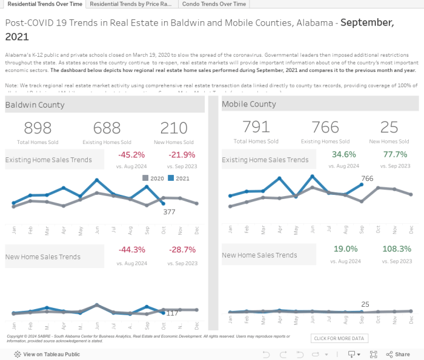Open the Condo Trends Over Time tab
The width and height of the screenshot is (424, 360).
click(x=214, y=4)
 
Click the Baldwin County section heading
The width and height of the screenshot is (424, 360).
click(x=35, y=105)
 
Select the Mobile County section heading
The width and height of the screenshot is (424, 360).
click(x=249, y=104)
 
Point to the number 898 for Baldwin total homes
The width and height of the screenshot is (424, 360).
click(x=38, y=128)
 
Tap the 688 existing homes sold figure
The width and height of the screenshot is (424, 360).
click(x=107, y=128)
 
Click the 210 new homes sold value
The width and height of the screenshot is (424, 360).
click(x=174, y=128)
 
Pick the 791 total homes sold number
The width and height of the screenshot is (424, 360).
click(x=256, y=126)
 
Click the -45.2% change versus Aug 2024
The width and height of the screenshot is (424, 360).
click(x=131, y=155)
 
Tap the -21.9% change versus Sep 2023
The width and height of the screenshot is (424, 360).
click(x=182, y=155)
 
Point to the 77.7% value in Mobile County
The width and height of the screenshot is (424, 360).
click(x=395, y=154)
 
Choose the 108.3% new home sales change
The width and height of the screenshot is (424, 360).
click(x=397, y=249)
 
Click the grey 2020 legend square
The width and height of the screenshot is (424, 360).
click(x=145, y=178)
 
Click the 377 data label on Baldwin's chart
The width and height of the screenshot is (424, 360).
click(x=169, y=212)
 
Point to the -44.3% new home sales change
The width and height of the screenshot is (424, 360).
click(x=131, y=250)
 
